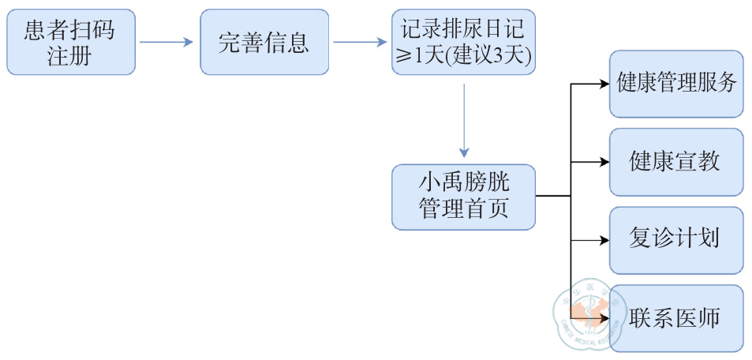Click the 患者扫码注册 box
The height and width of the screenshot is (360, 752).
click(x=71, y=42)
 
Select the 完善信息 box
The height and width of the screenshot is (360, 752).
click(x=264, y=42)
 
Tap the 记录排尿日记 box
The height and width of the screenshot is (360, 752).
click(x=463, y=42)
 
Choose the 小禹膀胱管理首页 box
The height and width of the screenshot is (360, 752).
click(x=463, y=197)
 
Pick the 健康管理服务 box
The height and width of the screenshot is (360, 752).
click(x=676, y=84)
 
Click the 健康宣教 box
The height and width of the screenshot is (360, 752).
click(x=676, y=162)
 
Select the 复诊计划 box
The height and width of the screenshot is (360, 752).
click(x=676, y=240)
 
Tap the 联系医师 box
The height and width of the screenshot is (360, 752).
click(x=676, y=318)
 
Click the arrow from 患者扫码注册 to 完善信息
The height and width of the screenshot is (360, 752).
click(x=166, y=43)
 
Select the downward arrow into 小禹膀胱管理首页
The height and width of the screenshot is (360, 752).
click(x=464, y=118)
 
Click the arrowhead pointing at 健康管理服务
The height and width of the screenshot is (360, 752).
click(x=604, y=84)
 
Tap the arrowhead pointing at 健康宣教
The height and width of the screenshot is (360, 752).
click(x=604, y=162)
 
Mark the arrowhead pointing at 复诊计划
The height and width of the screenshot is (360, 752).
click(x=604, y=240)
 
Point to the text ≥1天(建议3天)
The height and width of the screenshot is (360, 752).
click(x=464, y=55)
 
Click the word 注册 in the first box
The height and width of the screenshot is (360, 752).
click(x=70, y=55)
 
